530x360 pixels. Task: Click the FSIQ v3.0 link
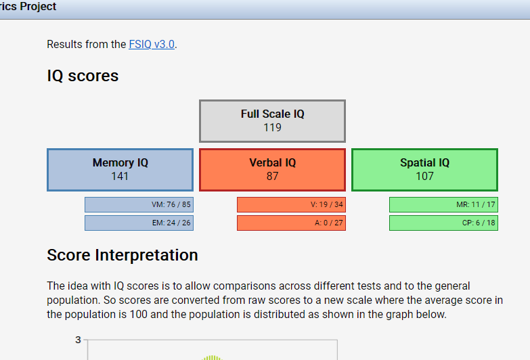[152, 44]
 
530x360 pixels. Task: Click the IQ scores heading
[83, 76]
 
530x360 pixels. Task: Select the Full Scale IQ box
[272, 121]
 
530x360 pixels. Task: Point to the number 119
[272, 127]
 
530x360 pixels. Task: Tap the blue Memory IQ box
[120, 170]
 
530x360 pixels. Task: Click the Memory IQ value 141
[120, 176]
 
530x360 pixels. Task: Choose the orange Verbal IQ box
[272, 170]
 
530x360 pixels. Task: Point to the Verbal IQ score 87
[272, 176]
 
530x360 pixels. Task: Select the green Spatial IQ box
[424, 170]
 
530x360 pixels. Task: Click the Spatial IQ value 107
[424, 176]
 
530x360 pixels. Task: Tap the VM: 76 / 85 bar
[139, 204]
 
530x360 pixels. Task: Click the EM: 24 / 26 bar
[139, 223]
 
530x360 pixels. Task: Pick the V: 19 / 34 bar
[291, 204]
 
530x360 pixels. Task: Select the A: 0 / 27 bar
[291, 223]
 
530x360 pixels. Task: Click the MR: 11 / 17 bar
[443, 204]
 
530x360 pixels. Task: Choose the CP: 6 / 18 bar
[443, 223]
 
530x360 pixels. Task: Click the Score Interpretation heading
[123, 255]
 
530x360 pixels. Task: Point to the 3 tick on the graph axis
[78, 340]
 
